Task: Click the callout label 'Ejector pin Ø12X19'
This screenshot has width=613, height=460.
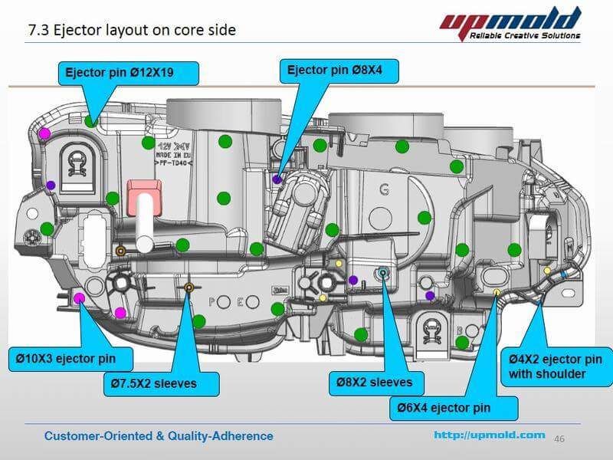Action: point(128,73)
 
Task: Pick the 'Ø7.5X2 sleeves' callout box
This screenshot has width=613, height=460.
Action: point(161,383)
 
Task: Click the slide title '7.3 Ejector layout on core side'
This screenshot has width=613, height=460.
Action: point(132,31)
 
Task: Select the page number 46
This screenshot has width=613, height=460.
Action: point(559,438)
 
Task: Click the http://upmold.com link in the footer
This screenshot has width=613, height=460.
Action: point(489,435)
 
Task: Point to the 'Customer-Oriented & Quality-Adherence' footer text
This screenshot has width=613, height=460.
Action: point(159,435)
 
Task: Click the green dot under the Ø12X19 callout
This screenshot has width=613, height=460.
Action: point(91,120)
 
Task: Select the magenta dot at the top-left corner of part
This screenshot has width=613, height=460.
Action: point(44,133)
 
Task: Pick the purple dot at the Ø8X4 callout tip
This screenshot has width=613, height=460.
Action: point(277,179)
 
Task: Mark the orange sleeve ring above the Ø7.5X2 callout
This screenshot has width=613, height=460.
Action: point(188,288)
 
